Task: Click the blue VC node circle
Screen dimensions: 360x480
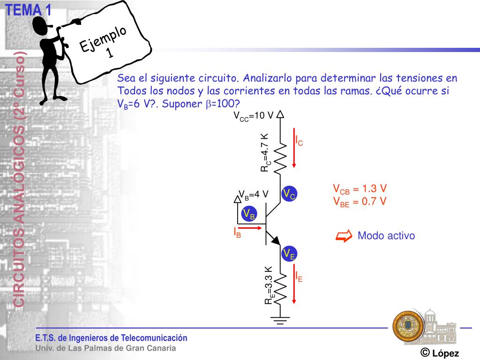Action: (289, 194)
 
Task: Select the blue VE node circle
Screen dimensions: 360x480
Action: (289, 254)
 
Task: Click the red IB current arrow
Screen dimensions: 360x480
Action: (249, 228)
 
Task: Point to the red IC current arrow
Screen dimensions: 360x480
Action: (294, 148)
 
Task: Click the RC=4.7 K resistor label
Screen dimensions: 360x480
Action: (265, 152)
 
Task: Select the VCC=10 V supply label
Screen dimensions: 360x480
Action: (254, 116)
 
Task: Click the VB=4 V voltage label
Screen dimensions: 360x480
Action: (254, 194)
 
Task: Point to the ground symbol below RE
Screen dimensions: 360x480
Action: (280, 321)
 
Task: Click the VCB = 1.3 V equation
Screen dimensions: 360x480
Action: (360, 189)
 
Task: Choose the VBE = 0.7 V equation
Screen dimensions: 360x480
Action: (360, 202)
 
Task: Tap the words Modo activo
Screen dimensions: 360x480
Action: (386, 236)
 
